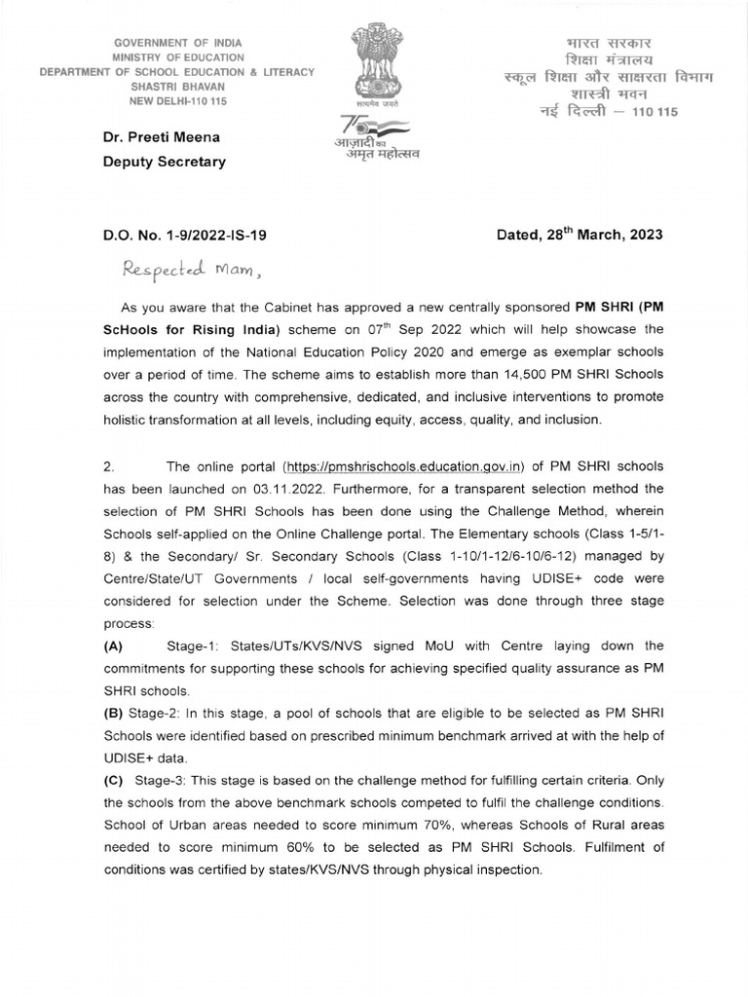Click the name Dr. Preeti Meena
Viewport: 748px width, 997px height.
click(x=161, y=138)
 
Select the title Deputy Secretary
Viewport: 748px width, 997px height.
click(x=165, y=162)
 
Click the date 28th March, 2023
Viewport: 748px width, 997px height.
click(x=580, y=236)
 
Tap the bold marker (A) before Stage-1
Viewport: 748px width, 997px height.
click(x=114, y=646)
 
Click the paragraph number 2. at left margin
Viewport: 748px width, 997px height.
click(x=109, y=466)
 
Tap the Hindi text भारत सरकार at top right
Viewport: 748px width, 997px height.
click(x=611, y=45)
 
